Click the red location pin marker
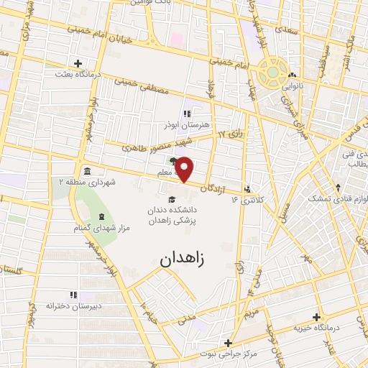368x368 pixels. [x=185, y=169]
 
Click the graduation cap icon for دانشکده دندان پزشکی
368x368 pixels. [x=171, y=200]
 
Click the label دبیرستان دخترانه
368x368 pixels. [x=71, y=306]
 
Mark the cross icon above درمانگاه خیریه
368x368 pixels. [x=316, y=317]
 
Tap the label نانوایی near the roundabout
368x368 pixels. [x=292, y=85]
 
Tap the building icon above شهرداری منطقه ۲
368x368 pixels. [x=86, y=170]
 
